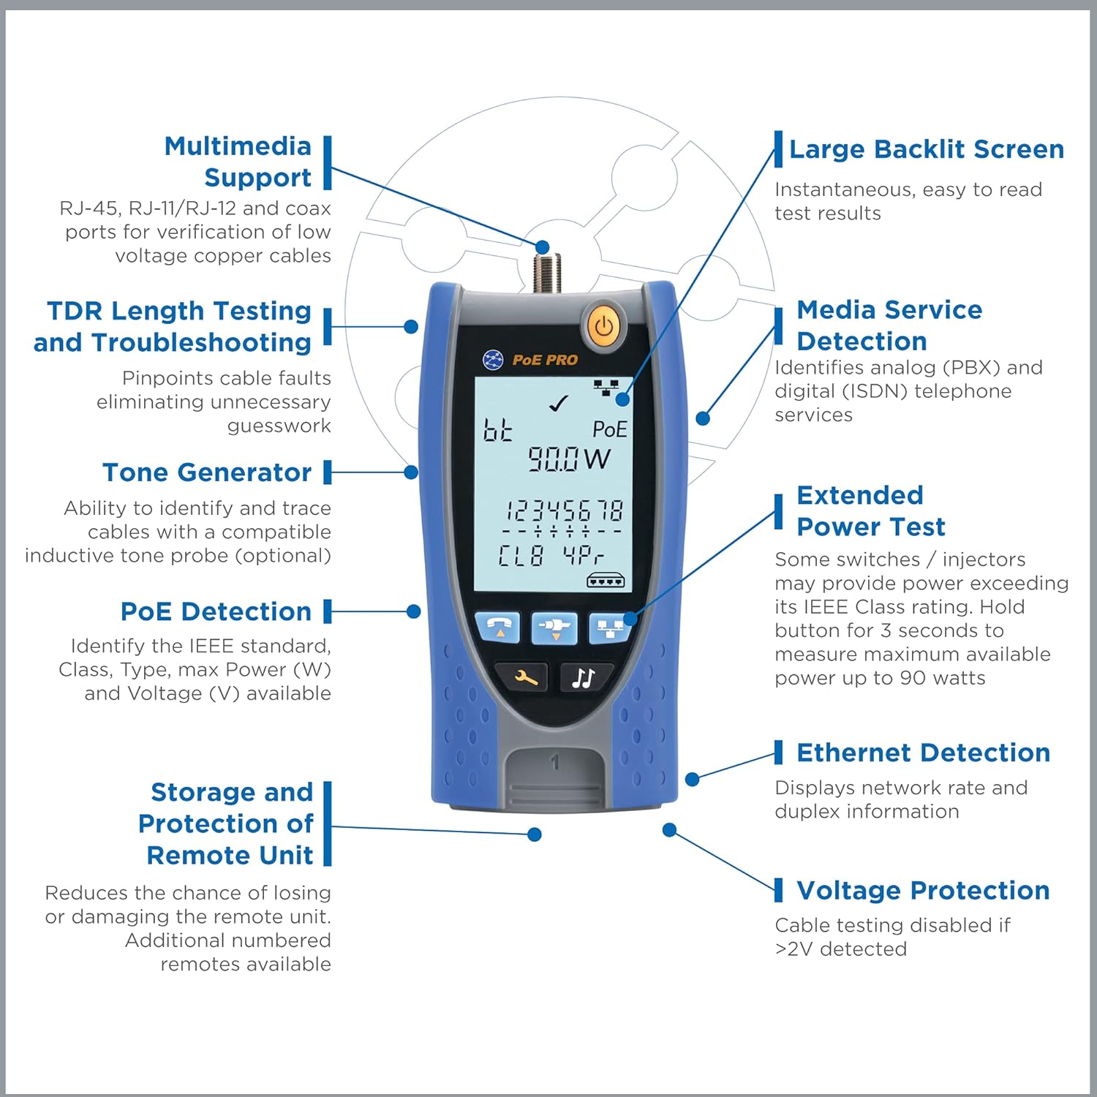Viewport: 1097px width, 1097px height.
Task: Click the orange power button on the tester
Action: [x=603, y=326]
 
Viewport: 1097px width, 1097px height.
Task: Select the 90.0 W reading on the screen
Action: [x=568, y=459]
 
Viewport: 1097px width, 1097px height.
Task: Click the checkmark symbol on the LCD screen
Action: [x=559, y=403]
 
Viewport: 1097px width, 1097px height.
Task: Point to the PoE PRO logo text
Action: [x=544, y=360]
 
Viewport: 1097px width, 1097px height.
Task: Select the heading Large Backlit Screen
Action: [x=926, y=149]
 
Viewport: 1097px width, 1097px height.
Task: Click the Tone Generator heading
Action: [x=207, y=472]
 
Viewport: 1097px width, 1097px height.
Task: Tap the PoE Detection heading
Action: [x=216, y=611]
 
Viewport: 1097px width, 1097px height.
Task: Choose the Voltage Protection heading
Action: [x=923, y=890]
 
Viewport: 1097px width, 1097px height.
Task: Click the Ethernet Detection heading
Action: [x=923, y=753]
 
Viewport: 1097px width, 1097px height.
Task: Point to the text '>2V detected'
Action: [x=840, y=949]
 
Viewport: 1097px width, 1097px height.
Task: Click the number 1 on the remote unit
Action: [x=555, y=763]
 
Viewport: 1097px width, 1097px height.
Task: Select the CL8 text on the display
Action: [x=521, y=556]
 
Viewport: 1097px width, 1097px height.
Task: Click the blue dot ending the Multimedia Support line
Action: [x=542, y=247]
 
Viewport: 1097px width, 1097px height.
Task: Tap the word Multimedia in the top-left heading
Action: [x=238, y=146]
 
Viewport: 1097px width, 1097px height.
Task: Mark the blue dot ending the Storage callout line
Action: [x=535, y=834]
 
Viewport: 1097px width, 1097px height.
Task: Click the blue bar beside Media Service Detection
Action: [x=779, y=325]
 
